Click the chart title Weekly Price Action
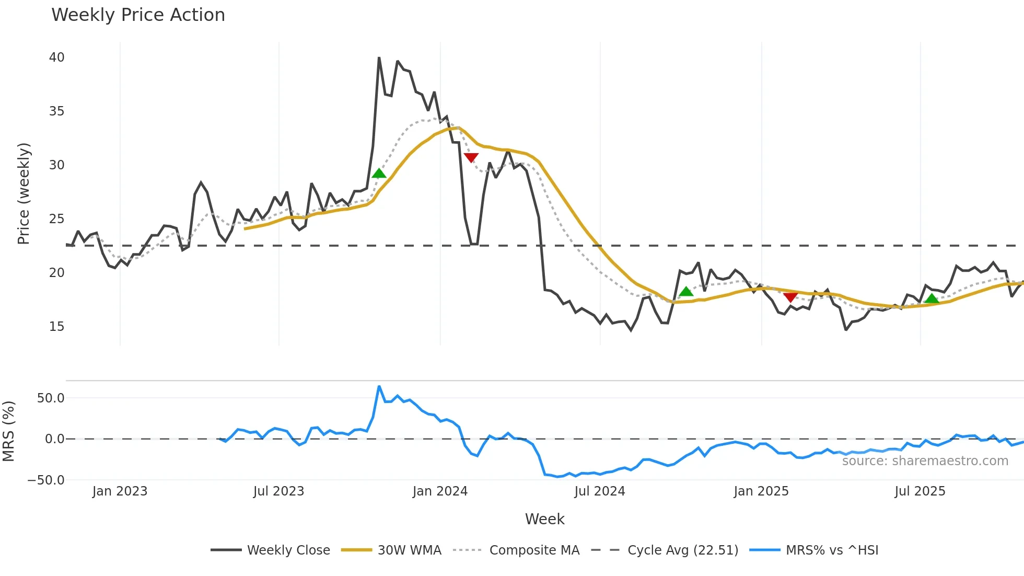click(138, 15)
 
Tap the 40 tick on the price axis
click(56, 57)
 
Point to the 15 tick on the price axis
click(56, 327)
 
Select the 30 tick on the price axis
click(56, 165)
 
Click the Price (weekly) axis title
click(24, 193)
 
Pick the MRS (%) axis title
click(9, 431)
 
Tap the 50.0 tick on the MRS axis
click(51, 398)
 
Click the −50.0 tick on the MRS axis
click(46, 480)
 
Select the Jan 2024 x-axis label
click(440, 491)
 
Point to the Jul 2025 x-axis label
click(920, 491)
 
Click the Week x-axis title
click(544, 519)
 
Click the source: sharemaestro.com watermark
click(925, 461)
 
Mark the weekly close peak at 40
click(379, 58)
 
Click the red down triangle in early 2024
click(471, 157)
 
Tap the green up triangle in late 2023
click(379, 174)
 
